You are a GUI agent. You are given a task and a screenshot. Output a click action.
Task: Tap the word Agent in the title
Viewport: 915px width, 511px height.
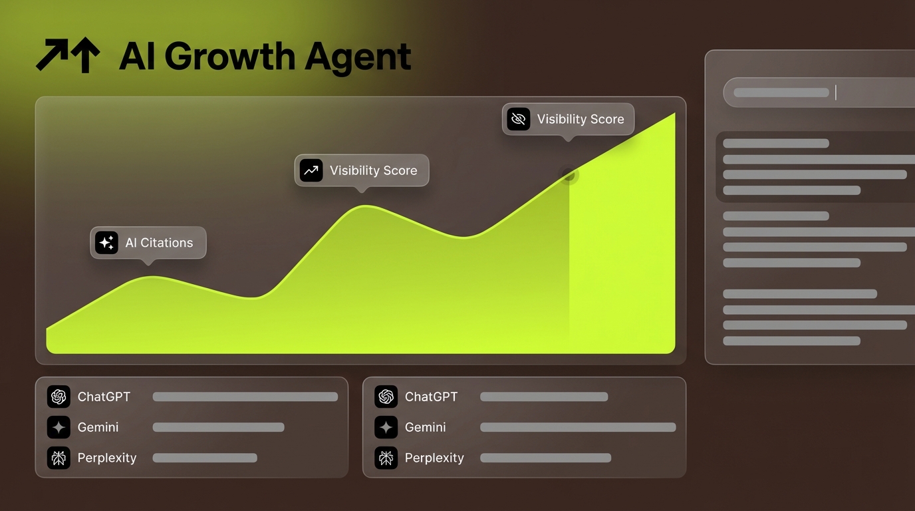pyautogui.click(x=358, y=57)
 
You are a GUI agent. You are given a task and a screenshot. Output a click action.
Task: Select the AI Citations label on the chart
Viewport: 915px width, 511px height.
pyautogui.click(x=159, y=243)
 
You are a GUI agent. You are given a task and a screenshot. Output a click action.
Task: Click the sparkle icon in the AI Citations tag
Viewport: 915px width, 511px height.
pyautogui.click(x=106, y=243)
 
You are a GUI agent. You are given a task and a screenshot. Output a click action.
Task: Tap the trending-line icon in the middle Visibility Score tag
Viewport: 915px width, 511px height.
pyautogui.click(x=311, y=170)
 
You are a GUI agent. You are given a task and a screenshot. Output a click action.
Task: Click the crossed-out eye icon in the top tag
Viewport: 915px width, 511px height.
pyautogui.click(x=518, y=119)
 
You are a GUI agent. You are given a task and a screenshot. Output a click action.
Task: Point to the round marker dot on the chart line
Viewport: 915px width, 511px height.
pyautogui.click(x=569, y=175)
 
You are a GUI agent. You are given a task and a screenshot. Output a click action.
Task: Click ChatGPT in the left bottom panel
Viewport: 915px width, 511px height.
pyautogui.click(x=104, y=397)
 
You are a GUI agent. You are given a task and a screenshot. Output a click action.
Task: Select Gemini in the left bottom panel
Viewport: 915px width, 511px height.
pyautogui.click(x=98, y=427)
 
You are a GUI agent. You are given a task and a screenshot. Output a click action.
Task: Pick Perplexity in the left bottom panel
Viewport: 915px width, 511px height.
pyautogui.click(x=106, y=458)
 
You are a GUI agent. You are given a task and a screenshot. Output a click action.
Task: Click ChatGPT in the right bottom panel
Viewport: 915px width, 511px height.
pyautogui.click(x=431, y=397)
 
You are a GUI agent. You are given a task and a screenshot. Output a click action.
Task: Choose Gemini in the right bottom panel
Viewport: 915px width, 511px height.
pyautogui.click(x=425, y=427)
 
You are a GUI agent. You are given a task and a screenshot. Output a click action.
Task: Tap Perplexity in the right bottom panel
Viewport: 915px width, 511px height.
pyautogui.click(x=434, y=458)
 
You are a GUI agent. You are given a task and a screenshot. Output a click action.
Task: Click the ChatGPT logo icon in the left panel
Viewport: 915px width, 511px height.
pyautogui.click(x=59, y=397)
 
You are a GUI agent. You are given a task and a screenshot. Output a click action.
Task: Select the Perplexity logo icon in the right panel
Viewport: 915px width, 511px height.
pyautogui.click(x=386, y=458)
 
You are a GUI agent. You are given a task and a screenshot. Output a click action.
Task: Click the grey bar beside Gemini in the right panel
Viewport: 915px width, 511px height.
pyautogui.click(x=577, y=427)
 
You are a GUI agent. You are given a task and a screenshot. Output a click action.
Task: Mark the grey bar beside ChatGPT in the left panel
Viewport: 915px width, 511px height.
pyautogui.click(x=245, y=397)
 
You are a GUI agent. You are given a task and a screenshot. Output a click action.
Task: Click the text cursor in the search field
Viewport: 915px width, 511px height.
pyautogui.click(x=835, y=92)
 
